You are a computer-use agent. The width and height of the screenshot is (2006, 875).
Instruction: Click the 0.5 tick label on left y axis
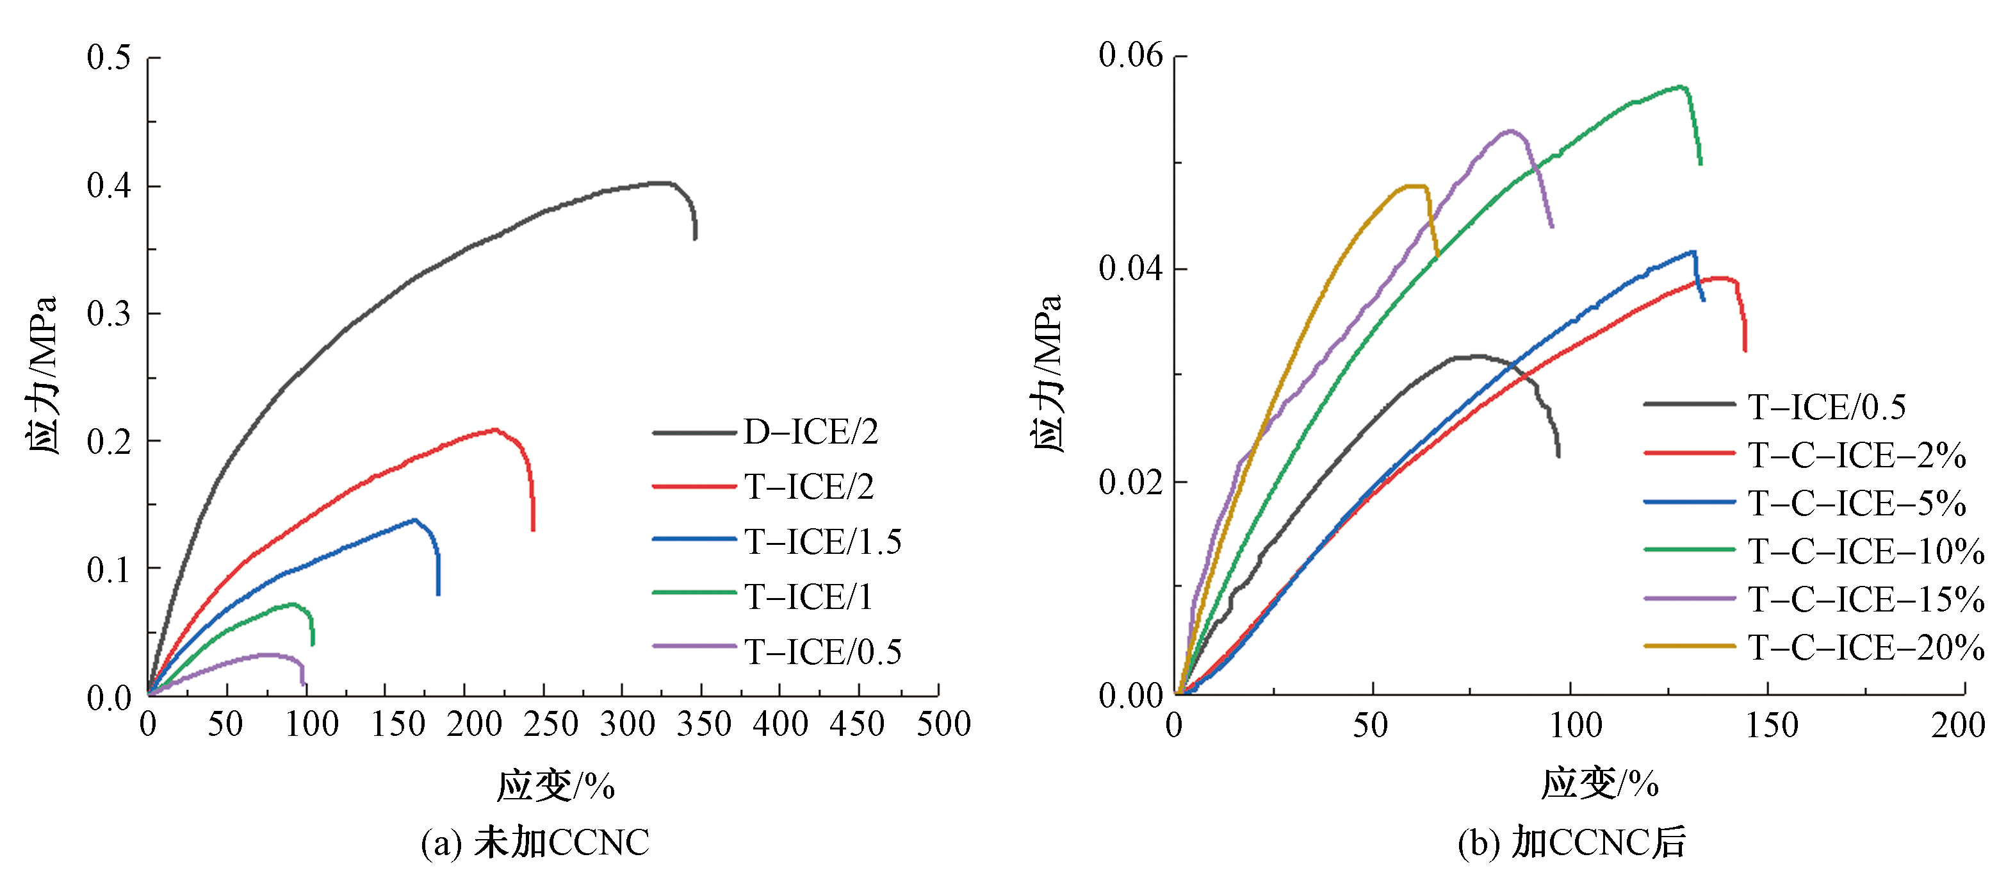click(x=108, y=58)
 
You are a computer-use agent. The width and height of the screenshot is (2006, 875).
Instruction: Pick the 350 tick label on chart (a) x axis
click(x=703, y=724)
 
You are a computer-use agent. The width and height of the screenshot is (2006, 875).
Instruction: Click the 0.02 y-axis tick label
click(x=1130, y=482)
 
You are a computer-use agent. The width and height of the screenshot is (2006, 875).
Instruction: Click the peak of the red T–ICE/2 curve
click(x=494, y=429)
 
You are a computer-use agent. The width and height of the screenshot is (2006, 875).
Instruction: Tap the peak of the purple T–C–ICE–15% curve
click(x=1511, y=131)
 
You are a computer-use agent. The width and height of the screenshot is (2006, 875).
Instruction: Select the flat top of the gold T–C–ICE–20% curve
click(x=1415, y=185)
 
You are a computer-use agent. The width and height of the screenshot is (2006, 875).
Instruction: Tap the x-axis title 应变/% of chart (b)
click(x=1599, y=784)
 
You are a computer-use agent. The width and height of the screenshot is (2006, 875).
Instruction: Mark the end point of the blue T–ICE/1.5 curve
click(x=439, y=594)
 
